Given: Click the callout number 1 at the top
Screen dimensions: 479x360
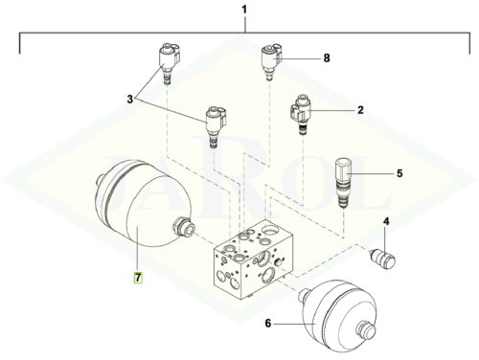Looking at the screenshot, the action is tap(244, 10).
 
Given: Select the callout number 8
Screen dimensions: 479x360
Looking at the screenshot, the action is tap(327, 58).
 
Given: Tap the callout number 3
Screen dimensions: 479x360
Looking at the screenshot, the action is tap(129, 100).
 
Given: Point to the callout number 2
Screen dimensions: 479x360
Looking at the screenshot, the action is tap(360, 110).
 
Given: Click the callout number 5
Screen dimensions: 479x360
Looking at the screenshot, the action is tap(399, 173).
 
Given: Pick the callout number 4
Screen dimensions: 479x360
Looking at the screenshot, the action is tap(386, 221).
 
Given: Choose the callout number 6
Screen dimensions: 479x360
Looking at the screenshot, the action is tap(268, 324).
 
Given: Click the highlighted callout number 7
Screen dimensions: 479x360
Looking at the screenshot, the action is tap(138, 278).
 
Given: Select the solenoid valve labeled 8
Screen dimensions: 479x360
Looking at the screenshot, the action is tap(271, 62).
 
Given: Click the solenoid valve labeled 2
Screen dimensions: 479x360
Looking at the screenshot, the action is tap(300, 114).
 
